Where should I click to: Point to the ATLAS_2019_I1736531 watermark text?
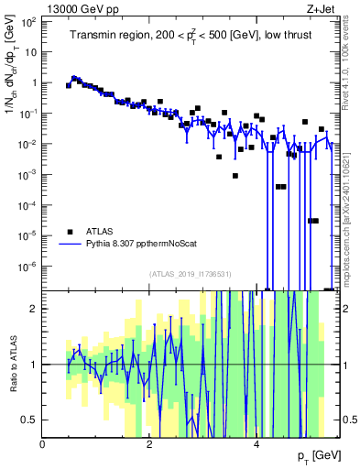190,273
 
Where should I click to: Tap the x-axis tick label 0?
43,444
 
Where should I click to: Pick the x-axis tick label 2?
149,444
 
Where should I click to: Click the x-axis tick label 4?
256,444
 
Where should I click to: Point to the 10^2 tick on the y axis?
27,21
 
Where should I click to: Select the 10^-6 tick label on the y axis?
27,267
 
